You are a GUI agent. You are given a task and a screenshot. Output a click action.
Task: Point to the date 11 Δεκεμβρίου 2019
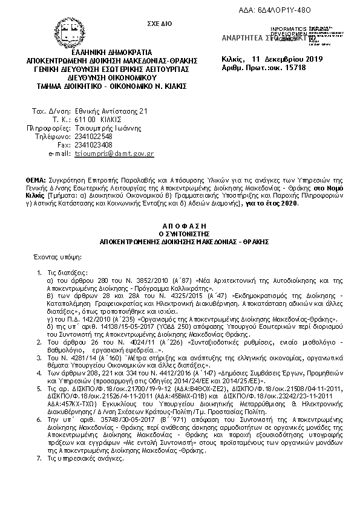coord(287,59)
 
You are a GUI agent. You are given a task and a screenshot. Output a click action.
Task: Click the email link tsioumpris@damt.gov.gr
coord(114,154)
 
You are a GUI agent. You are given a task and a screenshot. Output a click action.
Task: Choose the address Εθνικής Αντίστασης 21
coord(106,111)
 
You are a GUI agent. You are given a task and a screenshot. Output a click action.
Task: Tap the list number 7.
coord(39,459)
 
